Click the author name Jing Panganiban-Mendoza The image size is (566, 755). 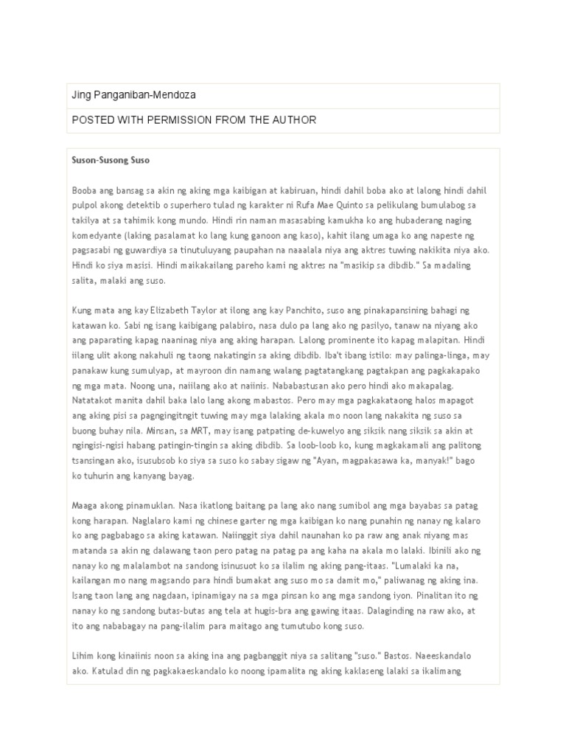[x=133, y=95]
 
